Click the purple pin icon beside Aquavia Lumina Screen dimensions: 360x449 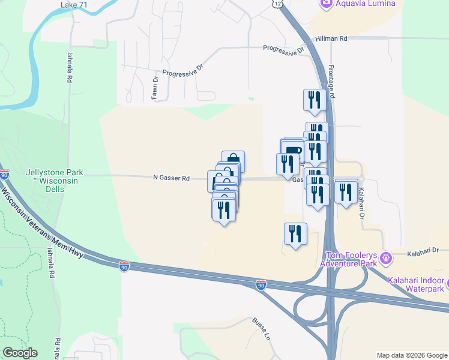[326, 3]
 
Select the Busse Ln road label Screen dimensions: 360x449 [263, 329]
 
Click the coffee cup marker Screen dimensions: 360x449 [293, 150]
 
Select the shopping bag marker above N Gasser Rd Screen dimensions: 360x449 [233, 160]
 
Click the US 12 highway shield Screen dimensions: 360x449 [275, 4]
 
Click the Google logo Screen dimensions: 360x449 [20, 353]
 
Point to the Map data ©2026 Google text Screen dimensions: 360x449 [412, 355]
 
